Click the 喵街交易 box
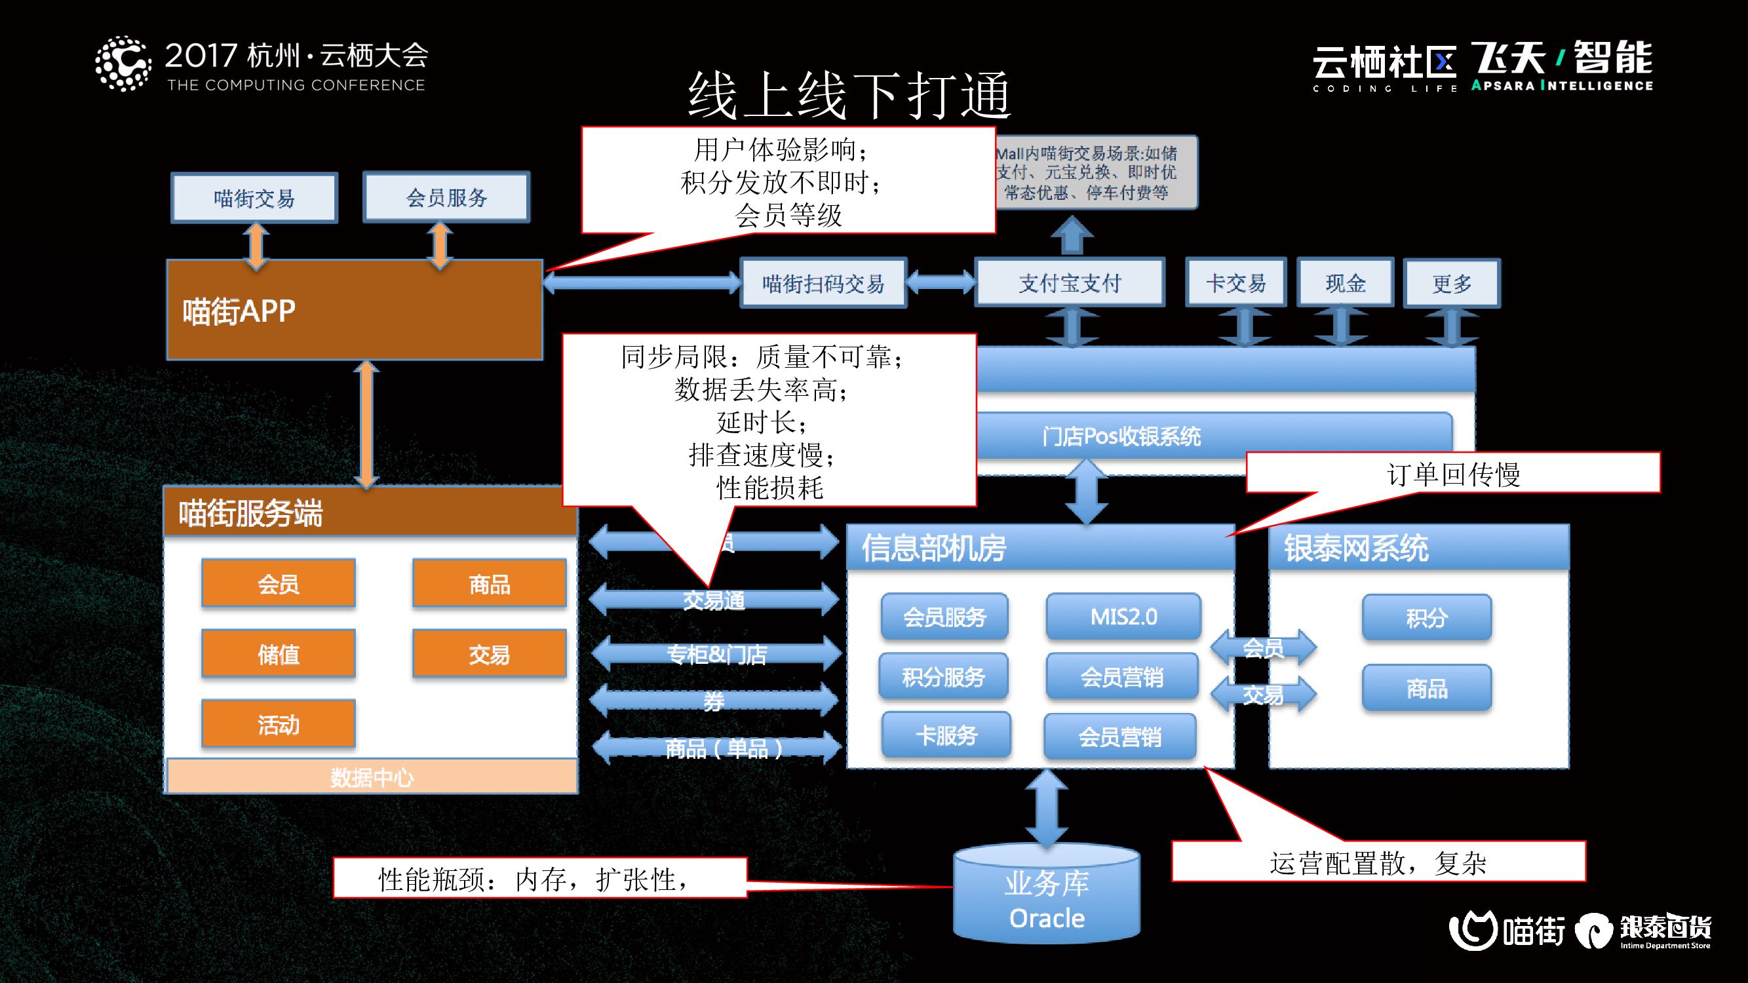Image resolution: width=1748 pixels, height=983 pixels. (254, 198)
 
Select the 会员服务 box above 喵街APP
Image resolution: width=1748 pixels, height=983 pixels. (446, 197)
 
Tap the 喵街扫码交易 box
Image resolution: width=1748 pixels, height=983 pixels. (823, 283)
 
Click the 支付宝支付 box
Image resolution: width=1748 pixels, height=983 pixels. (1070, 283)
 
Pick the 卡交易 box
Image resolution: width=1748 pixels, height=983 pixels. (1235, 283)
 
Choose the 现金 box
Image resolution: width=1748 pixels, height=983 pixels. (1345, 283)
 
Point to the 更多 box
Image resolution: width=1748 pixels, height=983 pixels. (1452, 283)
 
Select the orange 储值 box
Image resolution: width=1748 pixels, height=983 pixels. (278, 654)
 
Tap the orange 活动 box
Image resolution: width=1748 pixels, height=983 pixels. (278, 725)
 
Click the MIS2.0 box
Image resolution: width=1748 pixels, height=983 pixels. (1123, 617)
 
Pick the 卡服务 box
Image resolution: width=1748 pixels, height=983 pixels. (946, 735)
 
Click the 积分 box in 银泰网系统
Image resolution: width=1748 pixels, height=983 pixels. (1426, 617)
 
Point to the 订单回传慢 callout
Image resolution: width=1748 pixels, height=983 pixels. (1453, 473)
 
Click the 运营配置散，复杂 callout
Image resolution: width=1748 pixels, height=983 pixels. (1378, 862)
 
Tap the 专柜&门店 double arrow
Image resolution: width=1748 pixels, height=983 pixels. (716, 654)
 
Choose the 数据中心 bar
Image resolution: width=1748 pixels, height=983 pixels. (371, 777)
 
